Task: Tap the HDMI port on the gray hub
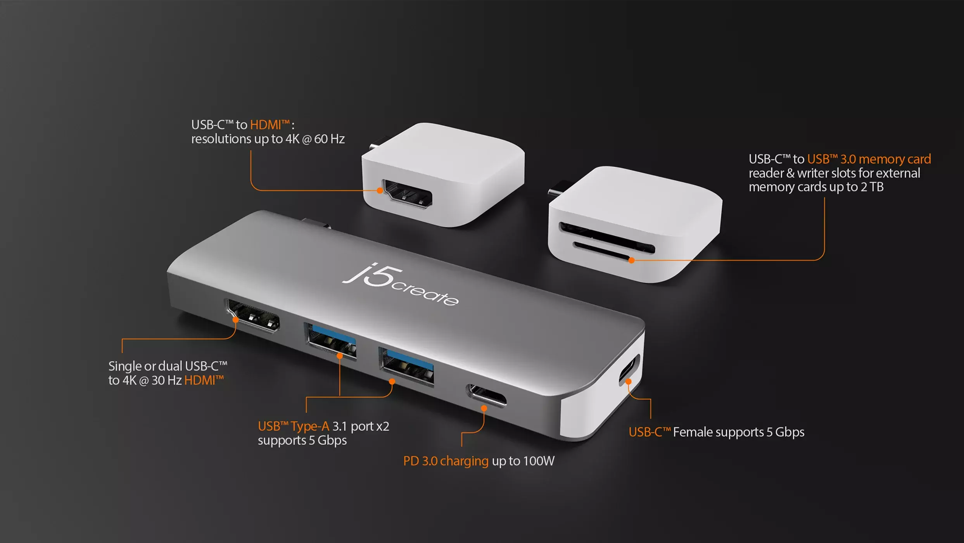click(253, 315)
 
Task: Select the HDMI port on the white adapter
click(407, 194)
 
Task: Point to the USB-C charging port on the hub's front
click(487, 395)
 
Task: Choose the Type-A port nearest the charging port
click(407, 367)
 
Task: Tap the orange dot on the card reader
click(632, 260)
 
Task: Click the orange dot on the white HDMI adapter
click(380, 190)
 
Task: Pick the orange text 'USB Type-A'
click(294, 427)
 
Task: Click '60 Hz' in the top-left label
click(329, 139)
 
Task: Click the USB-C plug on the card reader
click(558, 189)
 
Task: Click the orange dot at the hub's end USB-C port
click(629, 382)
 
